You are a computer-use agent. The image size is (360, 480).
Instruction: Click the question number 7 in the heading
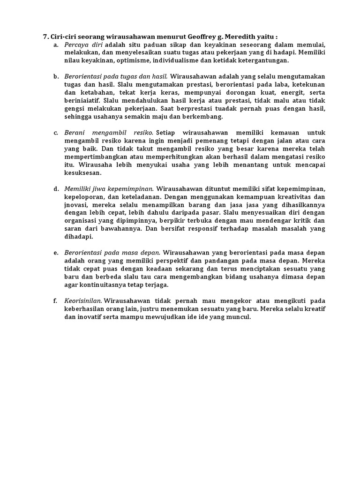click(45, 36)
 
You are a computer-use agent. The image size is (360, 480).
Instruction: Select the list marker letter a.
click(56, 45)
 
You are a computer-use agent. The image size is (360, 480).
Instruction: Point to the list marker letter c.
click(56, 133)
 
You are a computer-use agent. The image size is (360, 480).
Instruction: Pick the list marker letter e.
click(56, 253)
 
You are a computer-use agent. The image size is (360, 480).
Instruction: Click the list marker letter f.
click(55, 300)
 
